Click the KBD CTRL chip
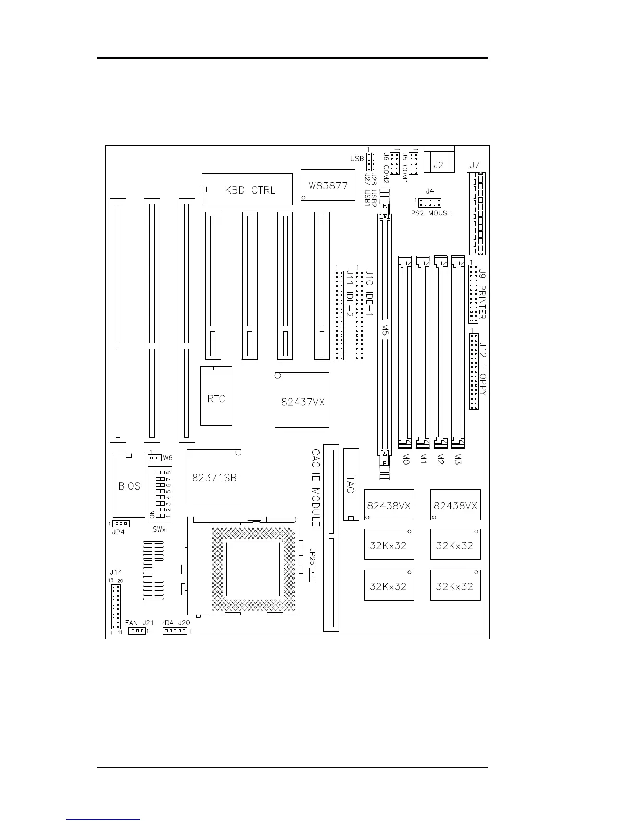click(x=247, y=189)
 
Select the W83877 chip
click(x=328, y=186)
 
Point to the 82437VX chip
click(x=302, y=400)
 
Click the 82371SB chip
click(x=214, y=477)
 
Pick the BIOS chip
click(x=129, y=485)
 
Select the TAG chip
click(x=351, y=484)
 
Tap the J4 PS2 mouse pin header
click(x=430, y=202)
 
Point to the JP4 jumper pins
click(x=121, y=523)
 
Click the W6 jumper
click(x=154, y=458)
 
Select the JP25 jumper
click(x=313, y=575)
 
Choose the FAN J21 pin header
click(x=137, y=631)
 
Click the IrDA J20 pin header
click(x=175, y=631)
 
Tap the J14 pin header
click(x=116, y=607)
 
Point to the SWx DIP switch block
click(x=160, y=494)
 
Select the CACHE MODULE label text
click(x=315, y=488)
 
